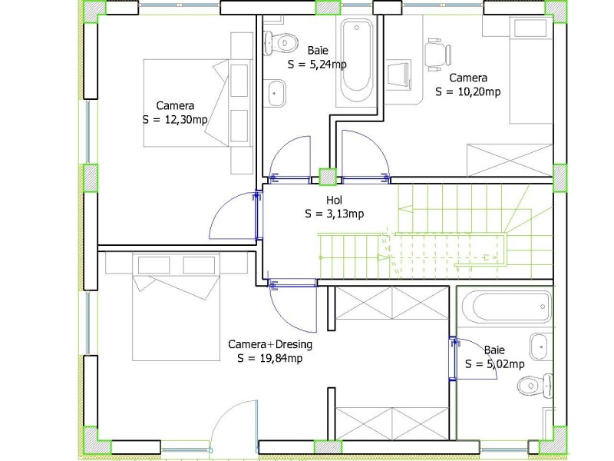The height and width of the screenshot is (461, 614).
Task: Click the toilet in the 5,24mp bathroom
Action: tap(280, 42)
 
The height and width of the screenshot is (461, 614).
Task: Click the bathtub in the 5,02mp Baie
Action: tap(507, 307)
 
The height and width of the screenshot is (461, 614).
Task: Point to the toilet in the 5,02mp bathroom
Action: tap(534, 386)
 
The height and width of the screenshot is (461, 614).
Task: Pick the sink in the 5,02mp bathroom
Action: tap(541, 347)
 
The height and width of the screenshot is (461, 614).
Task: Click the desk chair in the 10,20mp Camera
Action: tap(438, 55)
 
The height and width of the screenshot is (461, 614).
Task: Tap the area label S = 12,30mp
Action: tap(175, 120)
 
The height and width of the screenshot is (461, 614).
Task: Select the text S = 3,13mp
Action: tap(335, 214)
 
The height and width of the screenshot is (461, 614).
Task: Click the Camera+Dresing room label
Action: tap(270, 344)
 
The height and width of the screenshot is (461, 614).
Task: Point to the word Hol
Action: tap(334, 201)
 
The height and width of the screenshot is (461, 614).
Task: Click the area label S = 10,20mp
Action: tap(468, 91)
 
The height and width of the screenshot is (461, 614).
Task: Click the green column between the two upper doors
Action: tap(328, 177)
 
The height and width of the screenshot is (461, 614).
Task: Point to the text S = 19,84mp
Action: tap(270, 358)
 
